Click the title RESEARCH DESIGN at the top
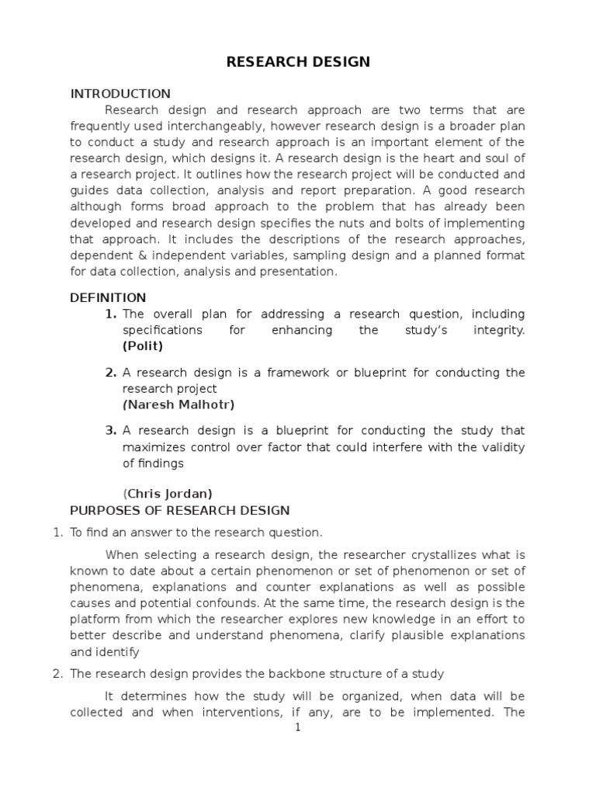click(x=298, y=62)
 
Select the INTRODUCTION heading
click(x=120, y=94)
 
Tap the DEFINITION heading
click(x=108, y=297)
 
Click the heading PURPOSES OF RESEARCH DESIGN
click(x=179, y=510)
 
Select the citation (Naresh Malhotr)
click(x=178, y=404)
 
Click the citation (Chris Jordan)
click(x=168, y=494)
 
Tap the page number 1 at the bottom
click(x=297, y=727)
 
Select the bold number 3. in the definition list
click(x=110, y=430)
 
